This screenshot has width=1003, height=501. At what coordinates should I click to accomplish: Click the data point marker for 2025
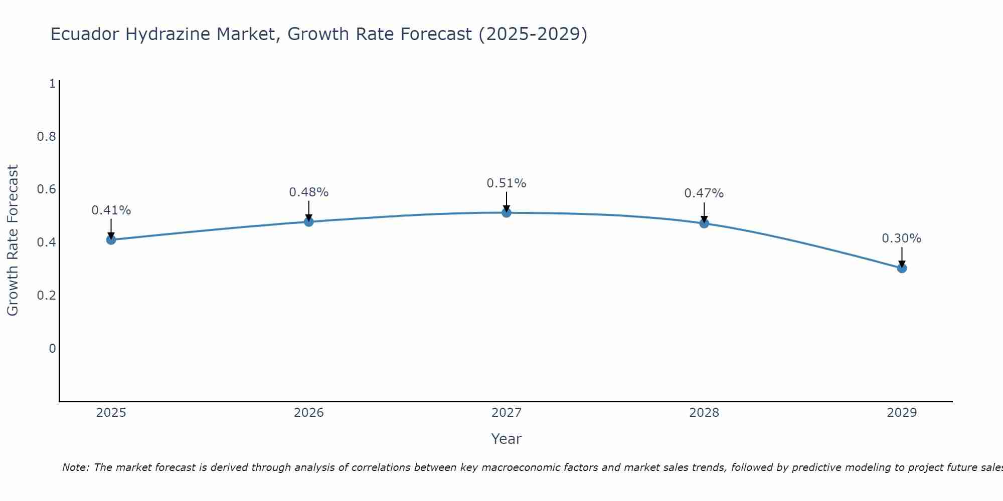point(111,239)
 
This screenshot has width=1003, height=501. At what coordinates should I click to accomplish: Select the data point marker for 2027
point(507,212)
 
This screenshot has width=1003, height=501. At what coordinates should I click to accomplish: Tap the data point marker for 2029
point(902,268)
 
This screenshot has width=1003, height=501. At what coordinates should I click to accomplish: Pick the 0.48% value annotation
point(308,192)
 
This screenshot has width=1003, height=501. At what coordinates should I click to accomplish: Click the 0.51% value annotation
point(507,183)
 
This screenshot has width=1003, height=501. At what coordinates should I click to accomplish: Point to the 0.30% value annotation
point(902,238)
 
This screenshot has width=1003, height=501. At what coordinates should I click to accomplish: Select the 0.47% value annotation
point(704,193)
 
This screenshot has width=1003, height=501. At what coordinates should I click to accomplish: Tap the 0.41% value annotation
point(111,210)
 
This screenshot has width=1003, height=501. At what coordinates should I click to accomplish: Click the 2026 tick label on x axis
point(308,413)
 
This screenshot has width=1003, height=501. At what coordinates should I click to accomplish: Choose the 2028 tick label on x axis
point(704,413)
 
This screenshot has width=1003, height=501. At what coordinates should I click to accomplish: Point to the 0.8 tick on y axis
point(46,136)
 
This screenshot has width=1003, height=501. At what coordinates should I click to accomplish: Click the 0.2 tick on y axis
point(46,295)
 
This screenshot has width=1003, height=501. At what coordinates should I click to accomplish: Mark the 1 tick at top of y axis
point(52,84)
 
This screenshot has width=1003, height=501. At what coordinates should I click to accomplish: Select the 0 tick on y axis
point(52,348)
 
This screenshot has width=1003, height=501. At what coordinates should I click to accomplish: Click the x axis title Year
point(507,439)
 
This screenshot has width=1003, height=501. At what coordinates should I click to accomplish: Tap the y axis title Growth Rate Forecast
point(13,240)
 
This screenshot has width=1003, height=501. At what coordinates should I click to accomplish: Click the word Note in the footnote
point(75,467)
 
